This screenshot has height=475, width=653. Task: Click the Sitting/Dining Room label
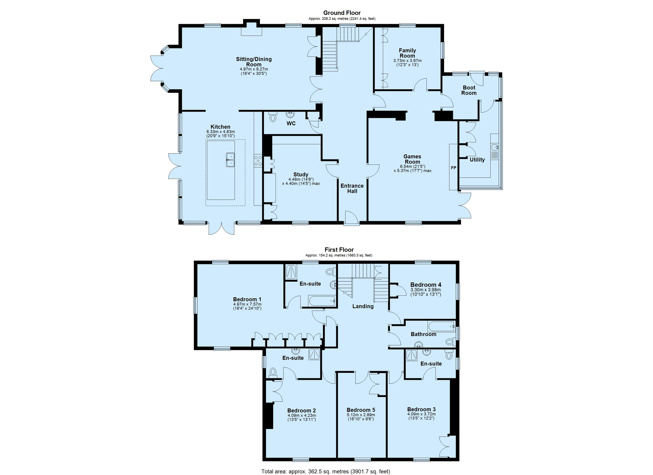point(254,62)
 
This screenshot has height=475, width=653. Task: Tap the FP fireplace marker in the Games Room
point(453,168)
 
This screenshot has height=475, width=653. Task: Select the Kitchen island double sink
point(230,160)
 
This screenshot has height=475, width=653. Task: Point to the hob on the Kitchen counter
point(258,161)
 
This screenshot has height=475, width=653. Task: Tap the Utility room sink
point(495,148)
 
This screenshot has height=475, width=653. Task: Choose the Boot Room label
point(469,90)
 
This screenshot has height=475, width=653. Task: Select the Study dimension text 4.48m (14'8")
point(301,179)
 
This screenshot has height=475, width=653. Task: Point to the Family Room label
point(407,53)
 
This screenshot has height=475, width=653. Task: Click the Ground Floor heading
point(342,13)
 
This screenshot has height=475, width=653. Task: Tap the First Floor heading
point(339,250)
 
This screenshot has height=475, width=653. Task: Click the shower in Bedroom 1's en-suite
point(292,272)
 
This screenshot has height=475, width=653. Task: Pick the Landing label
point(363,306)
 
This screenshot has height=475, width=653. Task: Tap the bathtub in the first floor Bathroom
point(441,326)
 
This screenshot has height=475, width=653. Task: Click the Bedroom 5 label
point(361,410)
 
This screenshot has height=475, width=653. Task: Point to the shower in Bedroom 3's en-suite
point(411,355)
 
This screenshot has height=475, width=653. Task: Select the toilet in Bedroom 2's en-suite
point(273,372)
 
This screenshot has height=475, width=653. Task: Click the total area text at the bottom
point(326,471)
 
